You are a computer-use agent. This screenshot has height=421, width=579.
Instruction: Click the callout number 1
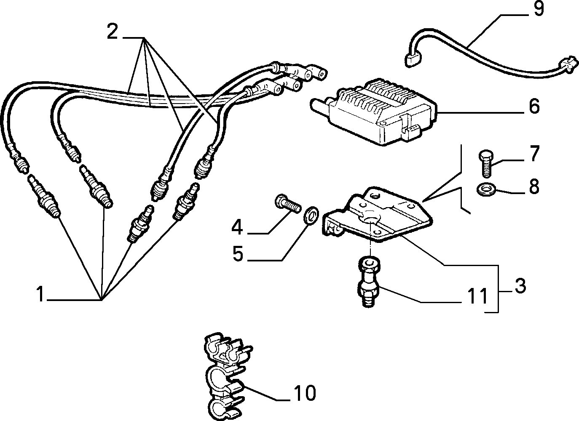pos(40,294)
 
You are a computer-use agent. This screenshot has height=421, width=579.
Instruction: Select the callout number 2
pos(113,31)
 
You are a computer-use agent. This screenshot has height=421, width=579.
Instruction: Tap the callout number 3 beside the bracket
pos(520,286)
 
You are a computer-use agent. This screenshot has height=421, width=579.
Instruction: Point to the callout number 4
pos(237,227)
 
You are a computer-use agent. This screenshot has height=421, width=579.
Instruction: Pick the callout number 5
pos(238,253)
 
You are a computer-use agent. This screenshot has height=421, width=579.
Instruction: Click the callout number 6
pos(534,106)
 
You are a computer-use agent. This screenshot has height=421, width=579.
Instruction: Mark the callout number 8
pos(534,186)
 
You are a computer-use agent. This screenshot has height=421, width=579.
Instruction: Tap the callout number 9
pos(538,8)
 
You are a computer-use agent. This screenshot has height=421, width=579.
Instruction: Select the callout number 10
pos(305,393)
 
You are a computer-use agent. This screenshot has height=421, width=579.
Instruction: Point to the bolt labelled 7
pos(486,164)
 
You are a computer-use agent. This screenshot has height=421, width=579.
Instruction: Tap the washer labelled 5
pos(311,214)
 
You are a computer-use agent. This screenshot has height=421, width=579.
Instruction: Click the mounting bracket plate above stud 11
pos(378,215)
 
